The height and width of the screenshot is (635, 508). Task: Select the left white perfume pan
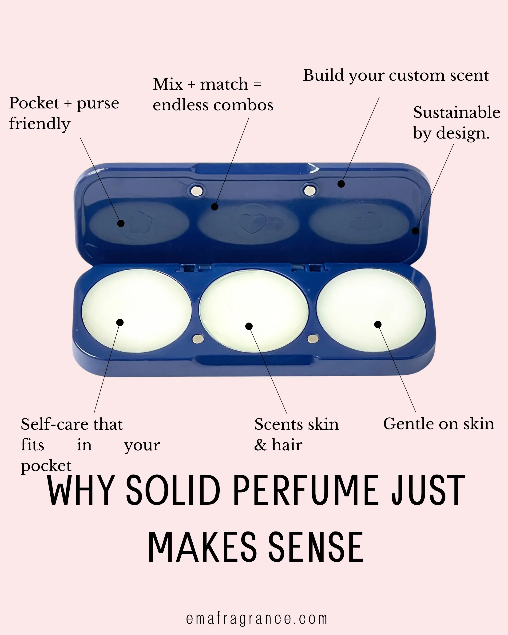(137, 311)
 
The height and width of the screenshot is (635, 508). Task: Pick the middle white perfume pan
(254, 311)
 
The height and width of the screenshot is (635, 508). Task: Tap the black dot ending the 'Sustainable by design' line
(415, 231)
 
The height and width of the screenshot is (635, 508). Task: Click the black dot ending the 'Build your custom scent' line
(341, 184)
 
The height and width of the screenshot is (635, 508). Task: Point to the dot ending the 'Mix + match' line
(215, 207)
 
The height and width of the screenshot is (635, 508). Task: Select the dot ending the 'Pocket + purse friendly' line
(121, 223)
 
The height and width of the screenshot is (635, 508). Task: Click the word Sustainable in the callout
(456, 112)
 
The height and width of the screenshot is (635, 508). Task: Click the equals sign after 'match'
(257, 84)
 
